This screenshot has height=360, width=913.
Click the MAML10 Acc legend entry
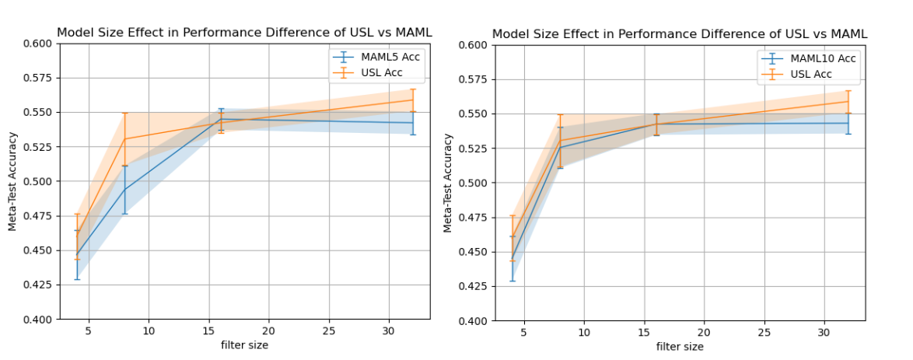(x=817, y=60)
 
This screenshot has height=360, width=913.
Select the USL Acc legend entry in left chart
(x=380, y=73)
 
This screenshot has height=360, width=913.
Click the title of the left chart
(x=244, y=32)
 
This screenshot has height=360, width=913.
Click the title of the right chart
(x=680, y=33)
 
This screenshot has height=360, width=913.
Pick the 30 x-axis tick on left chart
(x=389, y=331)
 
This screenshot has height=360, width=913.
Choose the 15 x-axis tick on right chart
(x=645, y=333)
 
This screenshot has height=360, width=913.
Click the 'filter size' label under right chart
(x=680, y=347)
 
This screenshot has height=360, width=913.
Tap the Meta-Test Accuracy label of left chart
(x=12, y=181)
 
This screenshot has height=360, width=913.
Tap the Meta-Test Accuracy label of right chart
(x=448, y=183)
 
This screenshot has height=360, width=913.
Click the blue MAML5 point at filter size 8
(x=124, y=189)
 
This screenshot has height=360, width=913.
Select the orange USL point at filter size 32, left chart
(x=413, y=100)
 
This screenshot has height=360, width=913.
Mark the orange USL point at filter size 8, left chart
(x=124, y=139)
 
